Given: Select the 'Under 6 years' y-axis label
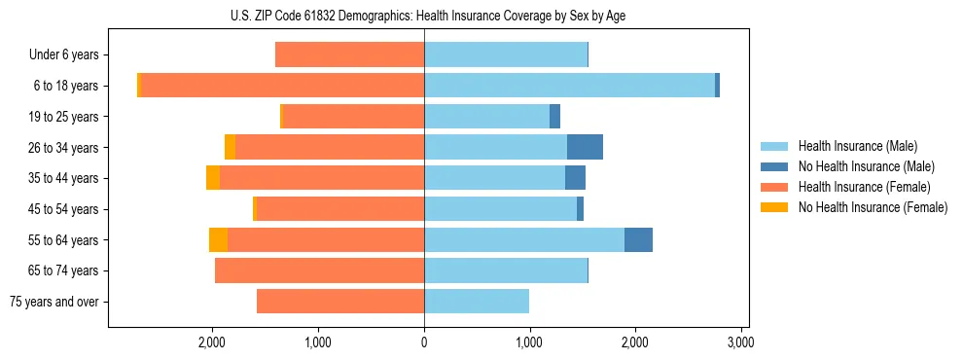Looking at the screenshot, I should (63, 55).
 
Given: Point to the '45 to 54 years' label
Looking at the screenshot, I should (65, 209).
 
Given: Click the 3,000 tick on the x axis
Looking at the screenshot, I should (740, 343).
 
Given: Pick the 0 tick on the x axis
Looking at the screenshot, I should (424, 343).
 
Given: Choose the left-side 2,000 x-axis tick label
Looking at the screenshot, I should (212, 343).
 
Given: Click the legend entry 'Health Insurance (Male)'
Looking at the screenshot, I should (857, 146).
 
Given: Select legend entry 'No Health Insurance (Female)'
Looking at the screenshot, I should (873, 207).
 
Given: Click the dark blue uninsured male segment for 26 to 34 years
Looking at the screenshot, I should (585, 147).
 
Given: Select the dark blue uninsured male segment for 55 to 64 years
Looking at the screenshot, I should (638, 239).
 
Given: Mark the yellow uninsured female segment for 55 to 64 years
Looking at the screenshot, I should (218, 239).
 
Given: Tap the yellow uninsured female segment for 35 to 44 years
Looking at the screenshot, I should (213, 178).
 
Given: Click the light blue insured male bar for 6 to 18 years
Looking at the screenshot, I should (569, 86).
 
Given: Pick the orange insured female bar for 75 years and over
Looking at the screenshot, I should (340, 302).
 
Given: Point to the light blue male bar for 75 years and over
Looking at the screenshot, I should (477, 302).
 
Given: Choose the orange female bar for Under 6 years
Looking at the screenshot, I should (349, 55).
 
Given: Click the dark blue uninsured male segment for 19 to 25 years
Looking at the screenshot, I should (554, 117).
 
